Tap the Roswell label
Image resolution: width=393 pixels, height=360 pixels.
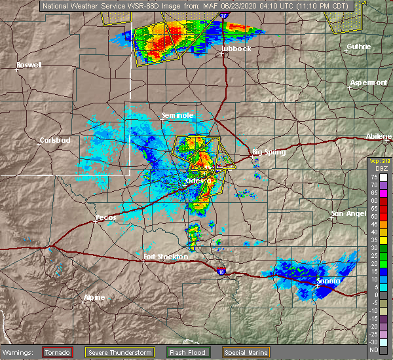click(x=29, y=65)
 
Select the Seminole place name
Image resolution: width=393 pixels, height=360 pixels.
click(x=177, y=115)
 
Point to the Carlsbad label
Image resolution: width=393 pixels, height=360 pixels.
click(x=55, y=140)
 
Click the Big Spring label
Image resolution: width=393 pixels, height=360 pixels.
click(x=269, y=152)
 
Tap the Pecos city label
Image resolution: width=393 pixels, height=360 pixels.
click(x=105, y=216)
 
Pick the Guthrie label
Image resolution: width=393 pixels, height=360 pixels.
click(x=359, y=46)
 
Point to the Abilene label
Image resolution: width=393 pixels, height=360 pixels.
click(x=379, y=135)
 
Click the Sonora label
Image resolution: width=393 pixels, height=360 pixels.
click(x=328, y=281)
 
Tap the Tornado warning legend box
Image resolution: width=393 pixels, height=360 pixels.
click(x=58, y=352)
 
